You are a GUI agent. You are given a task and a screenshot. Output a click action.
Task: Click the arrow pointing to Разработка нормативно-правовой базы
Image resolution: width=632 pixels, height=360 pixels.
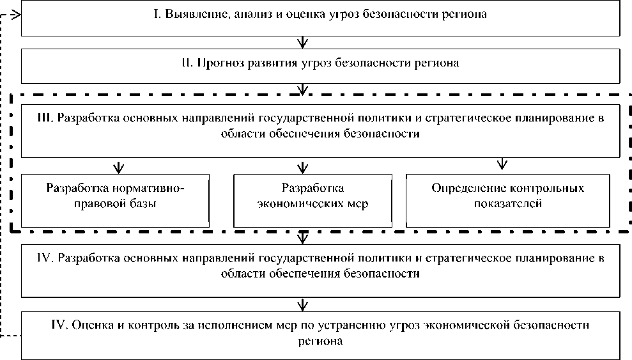coord(118,167)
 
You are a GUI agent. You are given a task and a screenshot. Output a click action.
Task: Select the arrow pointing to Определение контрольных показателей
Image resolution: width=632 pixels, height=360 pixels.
coord(502,164)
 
